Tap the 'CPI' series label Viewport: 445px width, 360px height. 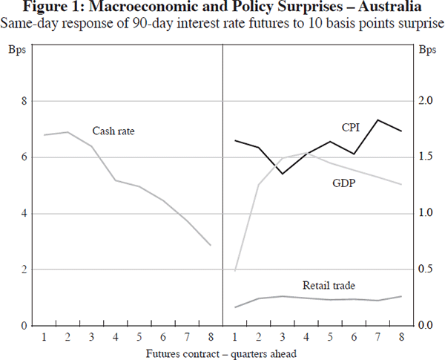(x=351, y=128)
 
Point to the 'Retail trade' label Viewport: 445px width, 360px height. (x=329, y=285)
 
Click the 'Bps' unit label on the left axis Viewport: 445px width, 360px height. (x=19, y=51)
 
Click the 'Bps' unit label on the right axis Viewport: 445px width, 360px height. (x=426, y=51)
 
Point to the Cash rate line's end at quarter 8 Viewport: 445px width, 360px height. (x=211, y=245)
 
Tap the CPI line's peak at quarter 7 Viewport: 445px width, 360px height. (x=378, y=120)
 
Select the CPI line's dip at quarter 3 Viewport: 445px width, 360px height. (x=283, y=174)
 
